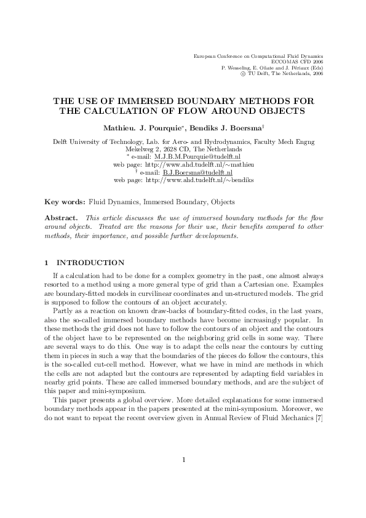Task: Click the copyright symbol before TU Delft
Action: point(243,74)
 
